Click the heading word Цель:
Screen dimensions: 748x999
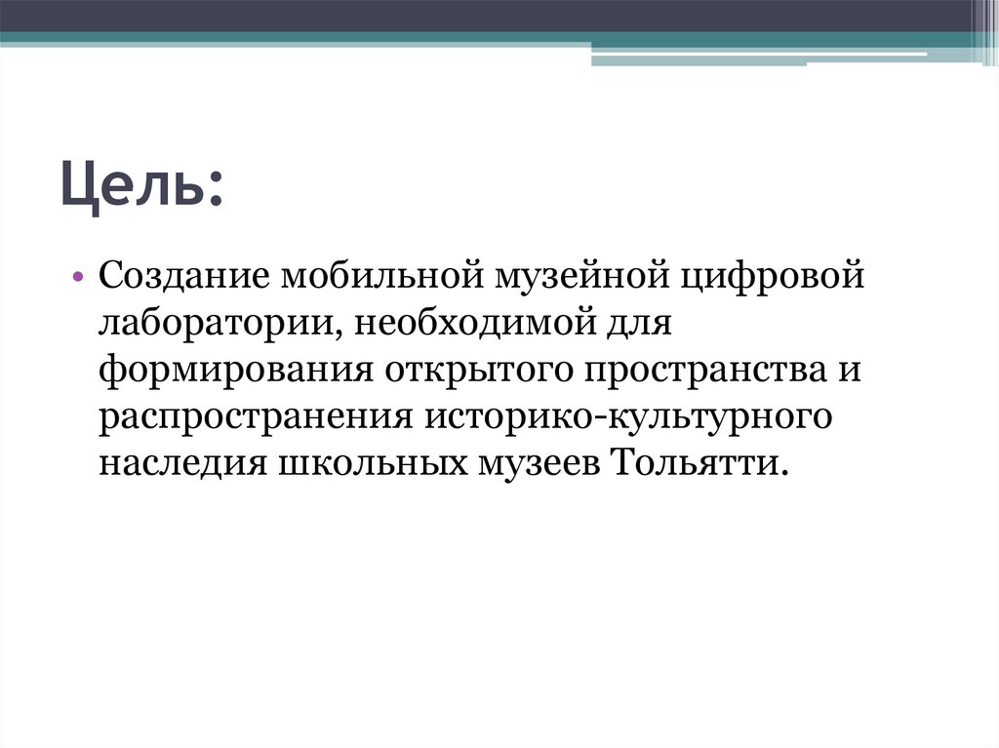pos(142,186)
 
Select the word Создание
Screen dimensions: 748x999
pos(184,277)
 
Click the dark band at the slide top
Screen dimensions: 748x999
pos(488,15)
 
